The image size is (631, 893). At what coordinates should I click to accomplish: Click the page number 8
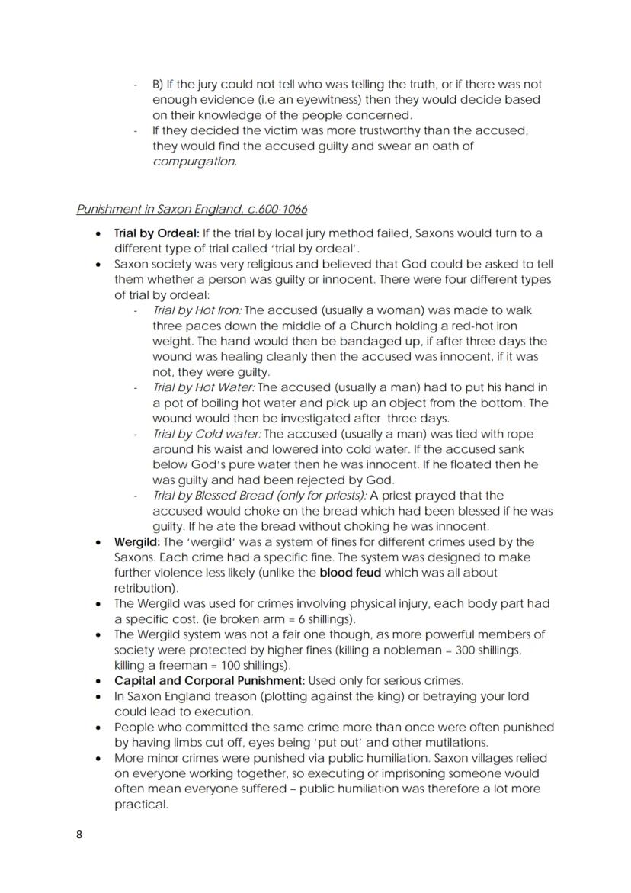[x=79, y=834]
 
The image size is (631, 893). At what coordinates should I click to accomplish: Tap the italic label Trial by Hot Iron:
[x=197, y=310]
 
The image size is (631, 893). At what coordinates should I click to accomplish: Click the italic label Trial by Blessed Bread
[x=221, y=496]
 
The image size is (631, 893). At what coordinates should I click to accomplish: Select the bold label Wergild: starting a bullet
[x=136, y=542]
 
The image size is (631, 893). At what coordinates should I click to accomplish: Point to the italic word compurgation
[x=194, y=162]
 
